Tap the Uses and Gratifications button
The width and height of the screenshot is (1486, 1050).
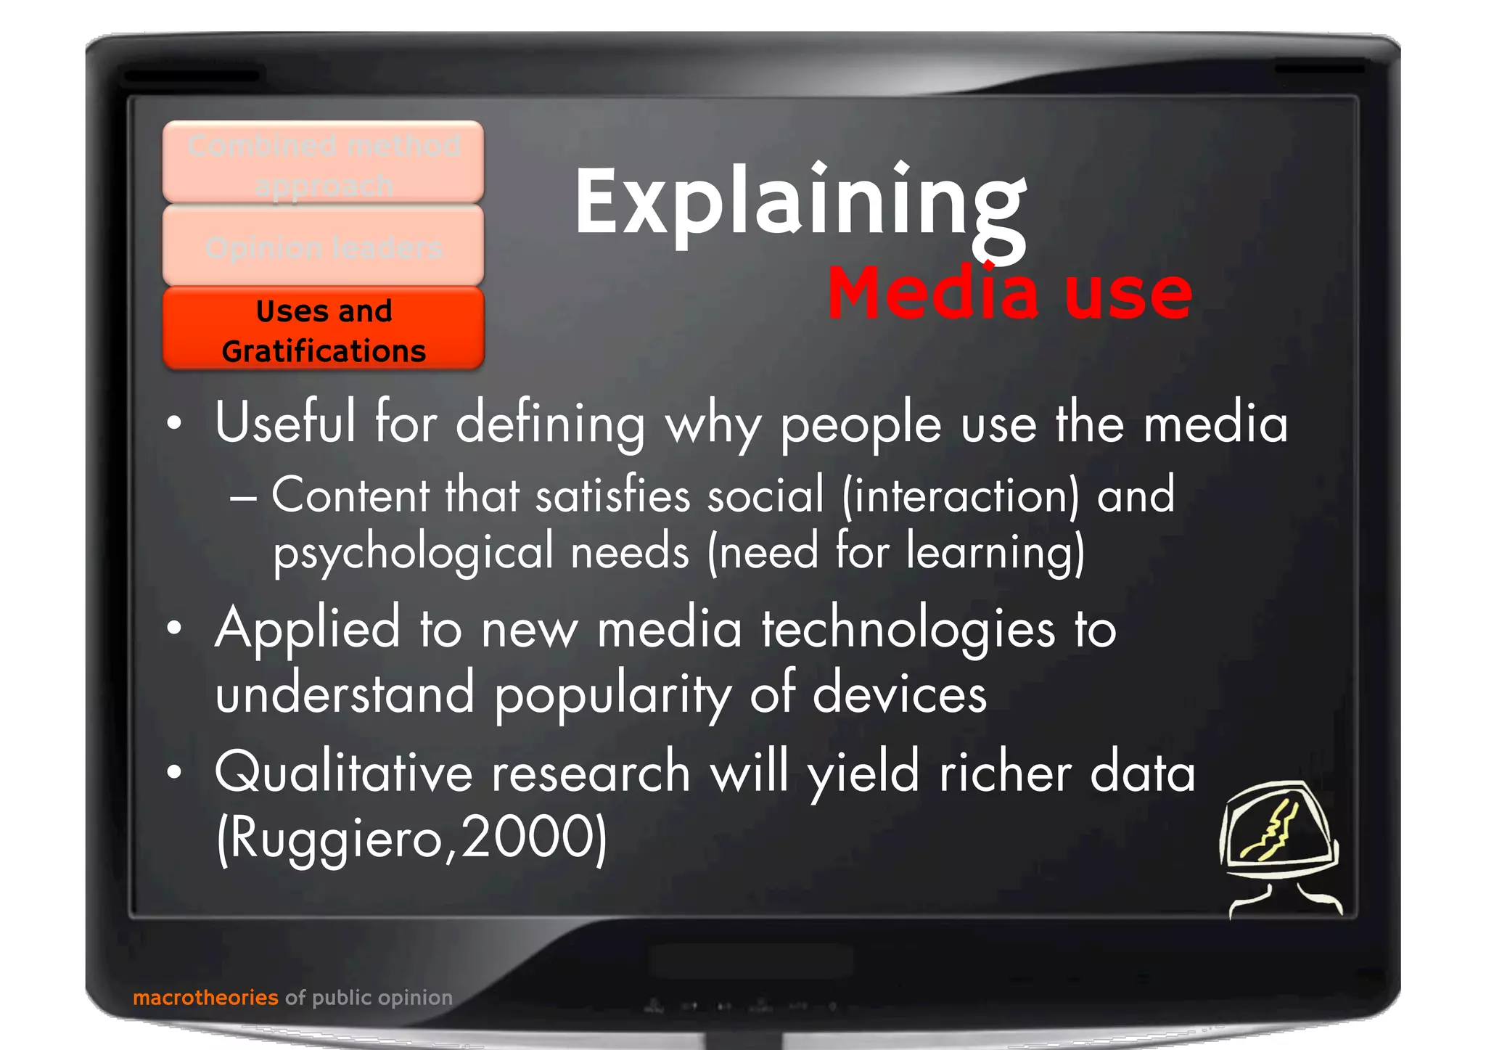tap(324, 330)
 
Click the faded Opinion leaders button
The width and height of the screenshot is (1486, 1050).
tap(324, 247)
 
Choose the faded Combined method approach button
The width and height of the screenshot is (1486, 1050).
tap(324, 164)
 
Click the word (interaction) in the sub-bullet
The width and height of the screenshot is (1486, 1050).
tap(961, 496)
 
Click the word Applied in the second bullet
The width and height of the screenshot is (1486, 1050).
tap(308, 629)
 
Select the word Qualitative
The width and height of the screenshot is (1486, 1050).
tap(343, 772)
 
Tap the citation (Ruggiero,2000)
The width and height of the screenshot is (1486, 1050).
tap(411, 838)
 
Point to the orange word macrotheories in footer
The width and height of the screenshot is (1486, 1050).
tap(205, 998)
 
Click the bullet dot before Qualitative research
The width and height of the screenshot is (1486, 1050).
tap(173, 773)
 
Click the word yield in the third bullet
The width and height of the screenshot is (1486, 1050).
tap(864, 772)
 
